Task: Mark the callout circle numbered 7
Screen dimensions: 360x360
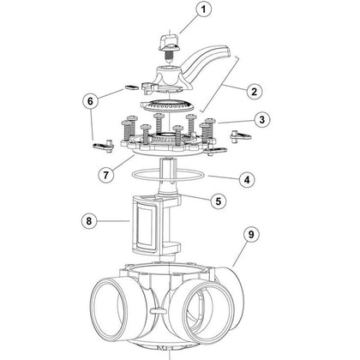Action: coord(103,174)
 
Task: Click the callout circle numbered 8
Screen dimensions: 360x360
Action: coord(88,221)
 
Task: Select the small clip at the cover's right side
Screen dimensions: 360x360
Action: coord(238,136)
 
